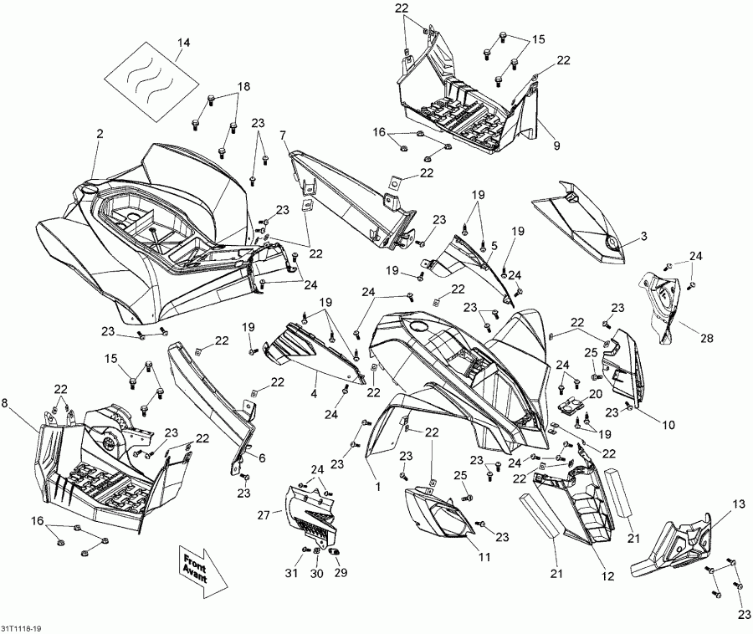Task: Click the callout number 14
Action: pyautogui.click(x=183, y=42)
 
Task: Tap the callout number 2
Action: pyautogui.click(x=100, y=134)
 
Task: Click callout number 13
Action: pyautogui.click(x=737, y=504)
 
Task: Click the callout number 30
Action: pyautogui.click(x=316, y=573)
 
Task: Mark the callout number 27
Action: pyautogui.click(x=264, y=516)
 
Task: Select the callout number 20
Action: pyautogui.click(x=596, y=393)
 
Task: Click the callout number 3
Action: pyautogui.click(x=643, y=237)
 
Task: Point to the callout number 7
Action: pyautogui.click(x=283, y=134)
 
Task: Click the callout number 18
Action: pyautogui.click(x=243, y=87)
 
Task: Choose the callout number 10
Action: pyautogui.click(x=668, y=425)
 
